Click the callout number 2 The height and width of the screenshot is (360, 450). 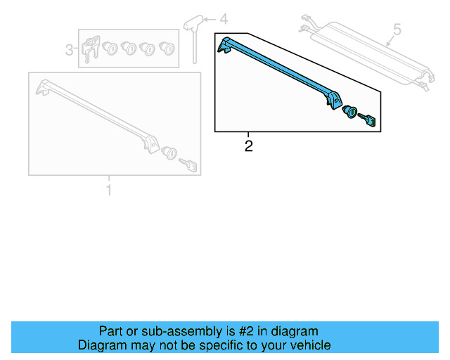(x=248, y=146)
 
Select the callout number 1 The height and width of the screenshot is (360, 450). (x=108, y=190)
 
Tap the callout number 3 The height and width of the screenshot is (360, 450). (x=70, y=50)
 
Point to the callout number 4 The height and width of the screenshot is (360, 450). (x=224, y=19)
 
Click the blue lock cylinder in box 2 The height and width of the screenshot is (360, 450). (x=350, y=113)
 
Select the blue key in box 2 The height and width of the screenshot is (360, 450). (x=371, y=121)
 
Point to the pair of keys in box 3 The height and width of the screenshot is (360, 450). (x=90, y=50)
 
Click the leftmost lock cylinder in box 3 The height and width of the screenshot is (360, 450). (x=110, y=49)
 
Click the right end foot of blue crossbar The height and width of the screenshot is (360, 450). (x=330, y=101)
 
